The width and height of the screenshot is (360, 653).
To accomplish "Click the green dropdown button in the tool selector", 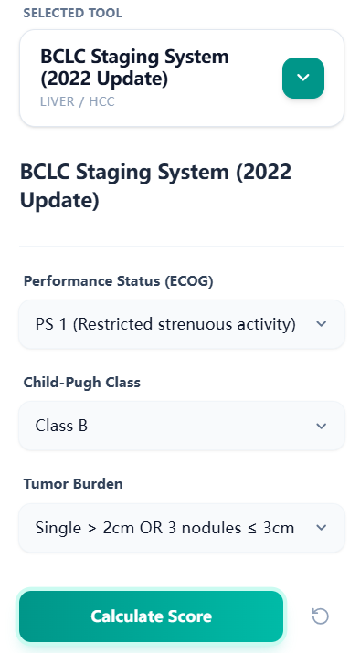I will pos(302,78).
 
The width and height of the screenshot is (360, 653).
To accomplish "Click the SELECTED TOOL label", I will pos(72,13).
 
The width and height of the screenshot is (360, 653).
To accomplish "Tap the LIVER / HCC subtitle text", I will pos(78,101).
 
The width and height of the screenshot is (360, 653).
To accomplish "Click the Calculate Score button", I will pos(152,616).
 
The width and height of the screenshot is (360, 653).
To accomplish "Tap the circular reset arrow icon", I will pos(320,616).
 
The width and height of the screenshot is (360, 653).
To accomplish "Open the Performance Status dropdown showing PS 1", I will pos(182,324).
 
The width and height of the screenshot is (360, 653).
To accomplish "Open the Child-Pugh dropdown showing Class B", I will pos(182,426).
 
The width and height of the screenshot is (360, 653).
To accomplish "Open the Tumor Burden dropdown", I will pos(182,527).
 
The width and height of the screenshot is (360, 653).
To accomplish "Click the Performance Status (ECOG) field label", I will pos(118,281).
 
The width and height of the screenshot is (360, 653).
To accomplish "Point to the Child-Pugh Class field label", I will pos(81,383).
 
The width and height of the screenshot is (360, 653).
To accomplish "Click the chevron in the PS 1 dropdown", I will pos(321,324).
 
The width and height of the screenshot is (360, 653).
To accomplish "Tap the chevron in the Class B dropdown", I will pos(321,426).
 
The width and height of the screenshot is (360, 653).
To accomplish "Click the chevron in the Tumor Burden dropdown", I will pos(321,527).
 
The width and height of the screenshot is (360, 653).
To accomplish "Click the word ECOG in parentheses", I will pos(190,281).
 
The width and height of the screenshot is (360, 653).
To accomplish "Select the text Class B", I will pos(61,426).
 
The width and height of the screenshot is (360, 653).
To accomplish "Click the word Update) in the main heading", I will pos(58,200).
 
